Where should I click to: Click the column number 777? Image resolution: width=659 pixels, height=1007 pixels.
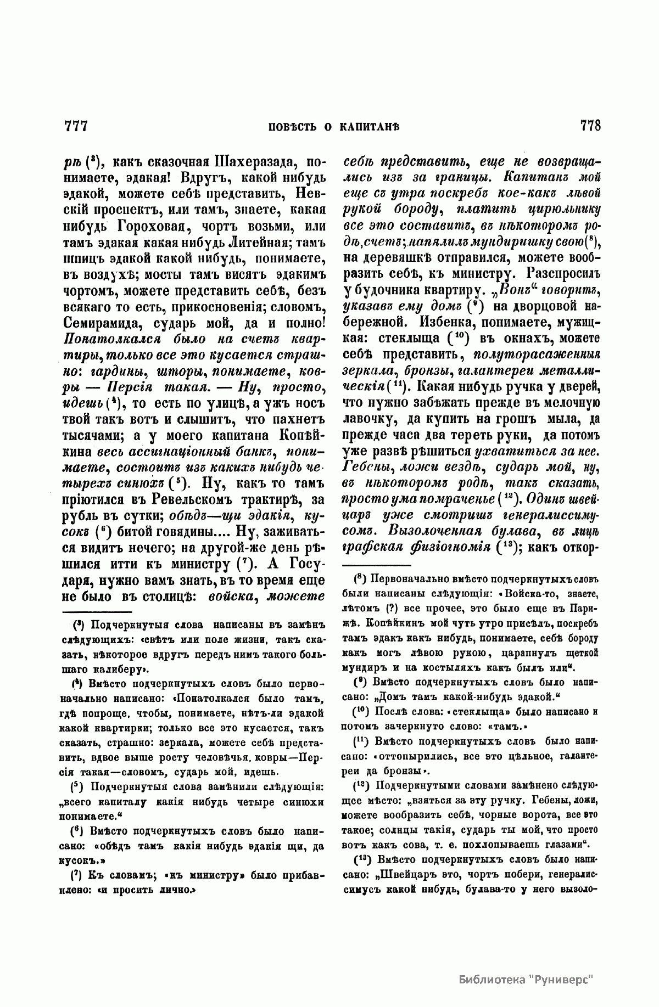(x=76, y=126)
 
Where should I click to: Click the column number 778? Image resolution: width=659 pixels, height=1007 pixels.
(x=590, y=126)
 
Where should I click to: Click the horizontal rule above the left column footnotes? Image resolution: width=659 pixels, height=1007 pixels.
(x=97, y=612)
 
